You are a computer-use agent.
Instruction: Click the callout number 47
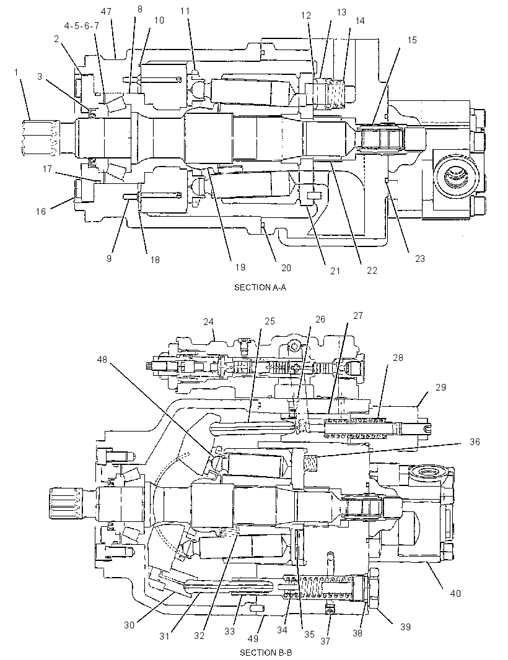pyautogui.click(x=106, y=11)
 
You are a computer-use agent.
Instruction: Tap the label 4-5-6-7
pyautogui.click(x=82, y=26)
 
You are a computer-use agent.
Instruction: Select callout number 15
pyautogui.click(x=412, y=40)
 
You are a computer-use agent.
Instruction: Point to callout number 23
pyautogui.click(x=420, y=258)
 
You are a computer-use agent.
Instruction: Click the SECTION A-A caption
pyautogui.click(x=260, y=287)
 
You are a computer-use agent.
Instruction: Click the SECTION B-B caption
pyautogui.click(x=266, y=653)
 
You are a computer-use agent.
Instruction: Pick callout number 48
pyautogui.click(x=102, y=359)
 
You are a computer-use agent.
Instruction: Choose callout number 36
pyautogui.click(x=475, y=442)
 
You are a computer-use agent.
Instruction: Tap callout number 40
pyautogui.click(x=455, y=594)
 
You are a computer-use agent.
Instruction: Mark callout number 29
pyautogui.click(x=440, y=387)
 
